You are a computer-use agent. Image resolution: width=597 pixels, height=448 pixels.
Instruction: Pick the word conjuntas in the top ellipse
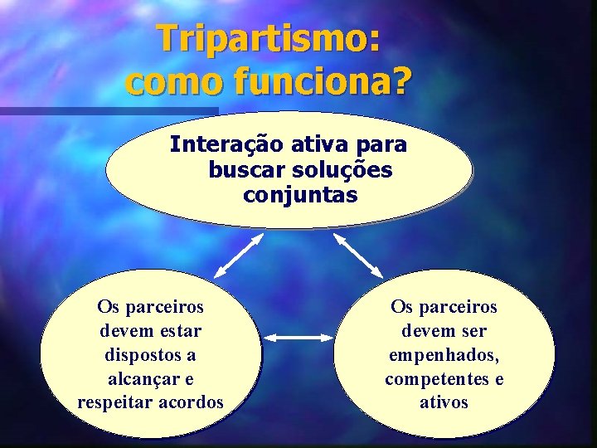300,196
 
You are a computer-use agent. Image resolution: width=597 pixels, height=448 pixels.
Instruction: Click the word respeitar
115,402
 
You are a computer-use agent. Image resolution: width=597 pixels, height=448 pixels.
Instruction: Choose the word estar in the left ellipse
178,330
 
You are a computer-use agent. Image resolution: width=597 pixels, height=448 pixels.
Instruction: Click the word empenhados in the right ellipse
444,355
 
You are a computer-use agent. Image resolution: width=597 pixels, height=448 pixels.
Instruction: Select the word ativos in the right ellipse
444,402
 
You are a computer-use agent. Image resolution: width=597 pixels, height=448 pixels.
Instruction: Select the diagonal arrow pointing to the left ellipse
239,255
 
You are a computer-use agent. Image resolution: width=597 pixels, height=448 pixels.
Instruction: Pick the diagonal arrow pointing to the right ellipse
357,255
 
